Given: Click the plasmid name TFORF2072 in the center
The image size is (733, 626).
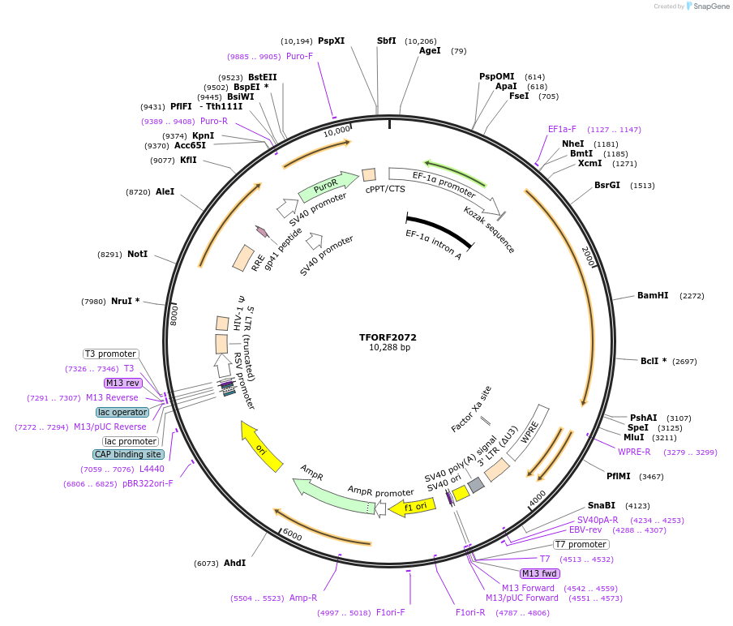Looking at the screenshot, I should pyautogui.click(x=388, y=337).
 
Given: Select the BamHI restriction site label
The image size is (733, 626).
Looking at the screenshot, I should pyautogui.click(x=653, y=296).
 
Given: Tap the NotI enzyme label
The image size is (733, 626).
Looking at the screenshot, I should pyautogui.click(x=137, y=254).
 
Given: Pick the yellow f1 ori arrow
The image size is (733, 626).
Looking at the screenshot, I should pyautogui.click(x=411, y=507).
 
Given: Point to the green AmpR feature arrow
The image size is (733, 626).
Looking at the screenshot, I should pyautogui.click(x=329, y=496).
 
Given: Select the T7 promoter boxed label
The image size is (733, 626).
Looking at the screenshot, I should pyautogui.click(x=581, y=544).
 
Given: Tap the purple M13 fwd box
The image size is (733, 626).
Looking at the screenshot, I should pyautogui.click(x=540, y=573).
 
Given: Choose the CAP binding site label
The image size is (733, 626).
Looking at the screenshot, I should pyautogui.click(x=129, y=454).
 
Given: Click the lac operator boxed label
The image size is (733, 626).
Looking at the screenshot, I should pyautogui.click(x=122, y=412).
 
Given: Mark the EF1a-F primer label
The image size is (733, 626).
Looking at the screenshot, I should pyautogui.click(x=562, y=129).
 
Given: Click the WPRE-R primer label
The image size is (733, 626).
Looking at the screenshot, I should pyautogui.click(x=634, y=452).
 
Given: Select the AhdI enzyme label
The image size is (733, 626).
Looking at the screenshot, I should pyautogui.click(x=234, y=563).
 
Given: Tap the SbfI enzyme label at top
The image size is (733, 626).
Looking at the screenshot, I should pyautogui.click(x=387, y=41).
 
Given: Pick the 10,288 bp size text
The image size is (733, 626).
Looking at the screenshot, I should pyautogui.click(x=389, y=348).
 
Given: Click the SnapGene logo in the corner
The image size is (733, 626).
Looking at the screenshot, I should pyautogui.click(x=705, y=6).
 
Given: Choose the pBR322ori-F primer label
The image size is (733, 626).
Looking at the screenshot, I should pyautogui.click(x=148, y=483).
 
